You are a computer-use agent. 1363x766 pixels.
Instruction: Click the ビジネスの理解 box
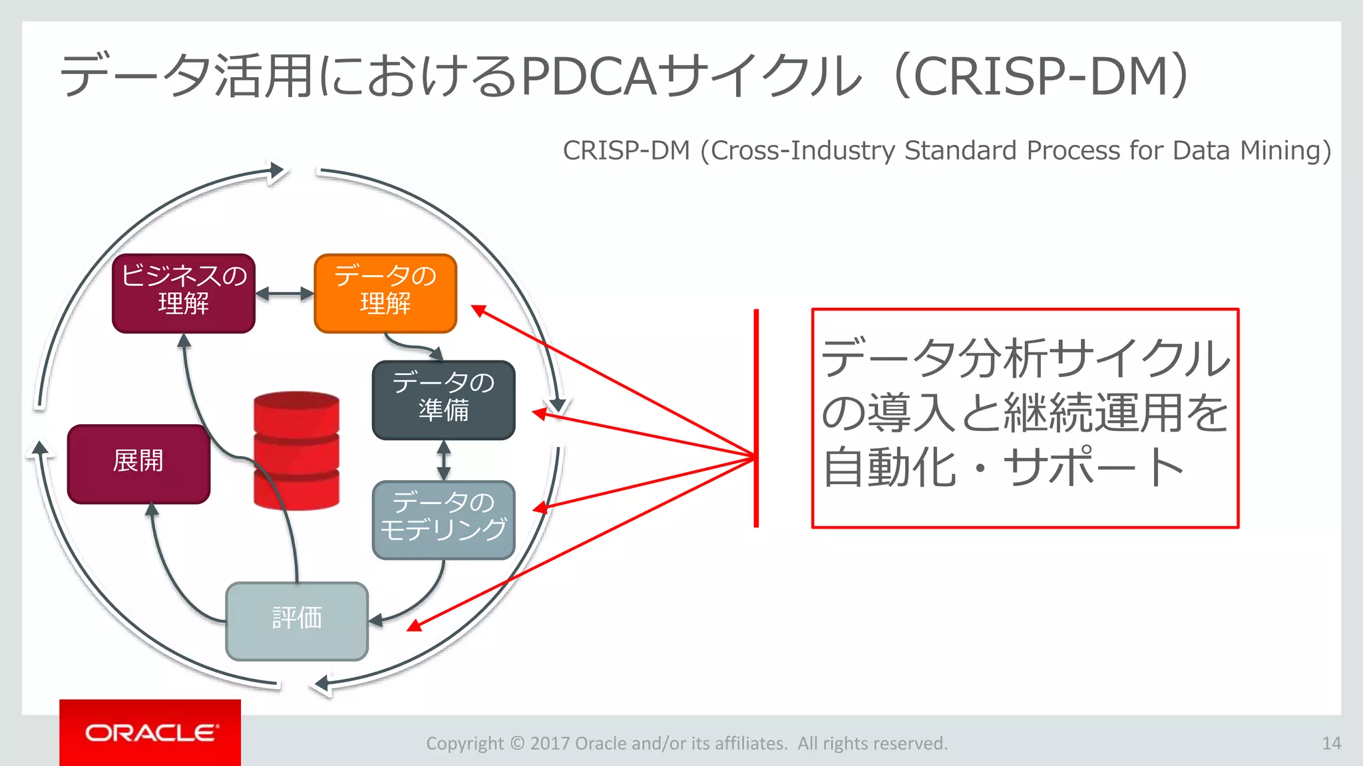point(184,293)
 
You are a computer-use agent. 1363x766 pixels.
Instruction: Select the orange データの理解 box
point(385,293)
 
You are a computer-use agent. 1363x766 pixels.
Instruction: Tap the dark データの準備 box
point(443,400)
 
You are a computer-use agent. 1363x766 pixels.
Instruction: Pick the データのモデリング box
point(443,520)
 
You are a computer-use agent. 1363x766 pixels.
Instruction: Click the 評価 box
point(297,621)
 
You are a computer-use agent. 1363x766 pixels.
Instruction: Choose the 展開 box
point(138,463)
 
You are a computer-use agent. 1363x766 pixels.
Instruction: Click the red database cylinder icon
point(297,450)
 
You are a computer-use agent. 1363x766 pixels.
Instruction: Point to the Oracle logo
point(150,733)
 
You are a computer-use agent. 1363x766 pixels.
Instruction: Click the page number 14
point(1331,743)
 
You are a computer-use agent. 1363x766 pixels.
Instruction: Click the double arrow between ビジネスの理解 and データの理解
point(285,293)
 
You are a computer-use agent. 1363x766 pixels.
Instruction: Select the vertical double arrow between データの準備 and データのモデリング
point(444,460)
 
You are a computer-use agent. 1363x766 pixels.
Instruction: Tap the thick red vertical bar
point(756,418)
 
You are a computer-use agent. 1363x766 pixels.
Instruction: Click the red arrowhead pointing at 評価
point(414,625)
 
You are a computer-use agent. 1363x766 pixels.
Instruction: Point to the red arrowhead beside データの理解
point(478,310)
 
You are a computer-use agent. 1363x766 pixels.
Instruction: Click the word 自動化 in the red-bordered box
point(889,467)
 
